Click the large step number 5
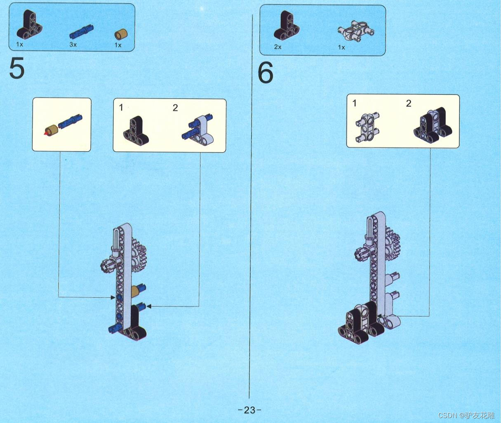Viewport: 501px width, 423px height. (x=17, y=68)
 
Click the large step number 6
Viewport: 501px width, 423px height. (x=266, y=72)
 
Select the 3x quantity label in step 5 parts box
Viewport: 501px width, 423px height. (x=73, y=45)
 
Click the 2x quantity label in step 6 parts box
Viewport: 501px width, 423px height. (x=278, y=47)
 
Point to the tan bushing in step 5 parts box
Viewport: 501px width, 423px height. (x=121, y=34)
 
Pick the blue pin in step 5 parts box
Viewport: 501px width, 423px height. (x=82, y=31)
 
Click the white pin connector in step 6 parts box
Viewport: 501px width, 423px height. (x=357, y=31)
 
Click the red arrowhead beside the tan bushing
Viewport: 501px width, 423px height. (x=46, y=134)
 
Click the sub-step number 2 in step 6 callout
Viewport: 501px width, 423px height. (x=409, y=103)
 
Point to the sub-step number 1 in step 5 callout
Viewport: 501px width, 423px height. (x=121, y=108)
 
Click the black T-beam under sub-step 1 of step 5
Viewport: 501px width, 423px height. (x=136, y=131)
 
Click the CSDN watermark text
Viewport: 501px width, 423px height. (x=466, y=415)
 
